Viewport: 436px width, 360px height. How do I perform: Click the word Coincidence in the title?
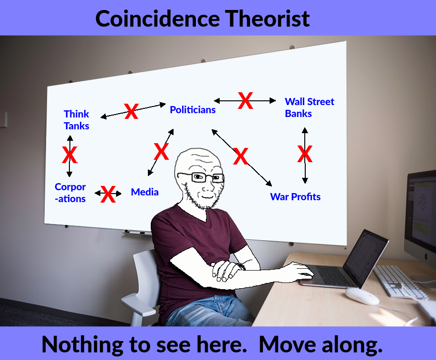coord(158,19)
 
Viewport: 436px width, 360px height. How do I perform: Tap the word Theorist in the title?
coord(267,19)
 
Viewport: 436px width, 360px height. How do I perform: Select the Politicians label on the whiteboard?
coord(193,109)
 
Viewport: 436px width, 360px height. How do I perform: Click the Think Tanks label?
coord(77,120)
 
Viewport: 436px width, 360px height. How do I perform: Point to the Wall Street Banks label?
coord(310,107)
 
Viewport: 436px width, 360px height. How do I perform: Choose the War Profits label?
coord(295,197)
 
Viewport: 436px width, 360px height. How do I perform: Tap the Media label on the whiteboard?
coord(145,192)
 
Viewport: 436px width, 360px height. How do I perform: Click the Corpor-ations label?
coord(70,193)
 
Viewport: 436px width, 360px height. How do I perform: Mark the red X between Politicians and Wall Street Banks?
coord(245,100)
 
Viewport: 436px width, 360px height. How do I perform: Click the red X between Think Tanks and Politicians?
coord(131,111)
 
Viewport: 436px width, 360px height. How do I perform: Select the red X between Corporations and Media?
coord(108,194)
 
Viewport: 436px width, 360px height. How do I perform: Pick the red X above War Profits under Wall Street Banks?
coord(305,154)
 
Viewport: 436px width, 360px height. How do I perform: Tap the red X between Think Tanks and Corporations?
coord(69,155)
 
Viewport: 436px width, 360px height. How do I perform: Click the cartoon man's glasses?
coord(201,177)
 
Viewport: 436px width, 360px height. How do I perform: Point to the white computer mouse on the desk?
coord(362,296)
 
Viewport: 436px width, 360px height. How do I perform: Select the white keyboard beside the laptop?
coord(401,282)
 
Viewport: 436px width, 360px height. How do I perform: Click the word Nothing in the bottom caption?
coord(82,344)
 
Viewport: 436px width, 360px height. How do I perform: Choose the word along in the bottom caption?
coord(352,344)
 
